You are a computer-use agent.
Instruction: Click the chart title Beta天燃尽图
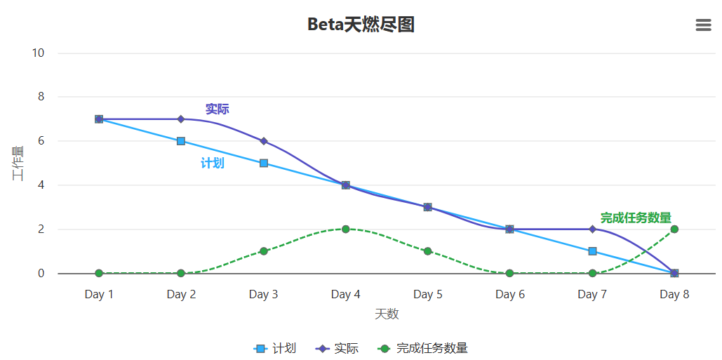click(x=361, y=25)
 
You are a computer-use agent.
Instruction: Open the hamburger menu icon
click(x=703, y=25)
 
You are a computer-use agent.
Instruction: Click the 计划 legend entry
click(x=275, y=348)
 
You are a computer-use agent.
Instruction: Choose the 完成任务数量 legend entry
click(x=423, y=348)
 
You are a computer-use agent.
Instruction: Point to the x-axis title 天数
click(x=387, y=314)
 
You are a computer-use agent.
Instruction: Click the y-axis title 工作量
click(x=18, y=164)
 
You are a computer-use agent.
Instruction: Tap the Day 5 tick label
click(x=427, y=295)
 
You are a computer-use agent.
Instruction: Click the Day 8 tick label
click(x=674, y=295)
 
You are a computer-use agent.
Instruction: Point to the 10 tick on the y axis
click(x=38, y=53)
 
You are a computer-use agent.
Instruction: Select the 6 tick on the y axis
click(x=41, y=141)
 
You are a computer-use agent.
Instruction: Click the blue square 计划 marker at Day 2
click(x=181, y=141)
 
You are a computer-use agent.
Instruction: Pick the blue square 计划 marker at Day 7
click(x=592, y=251)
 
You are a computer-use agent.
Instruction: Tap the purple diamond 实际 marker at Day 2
click(x=181, y=119)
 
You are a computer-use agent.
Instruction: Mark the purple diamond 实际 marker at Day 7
click(x=592, y=229)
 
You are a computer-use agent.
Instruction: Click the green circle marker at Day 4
click(x=345, y=229)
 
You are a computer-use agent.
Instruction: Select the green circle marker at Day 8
click(x=674, y=229)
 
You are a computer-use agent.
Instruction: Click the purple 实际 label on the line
click(x=217, y=109)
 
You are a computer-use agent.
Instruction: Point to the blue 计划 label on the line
click(x=213, y=163)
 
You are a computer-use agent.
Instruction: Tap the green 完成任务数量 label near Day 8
click(x=636, y=218)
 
